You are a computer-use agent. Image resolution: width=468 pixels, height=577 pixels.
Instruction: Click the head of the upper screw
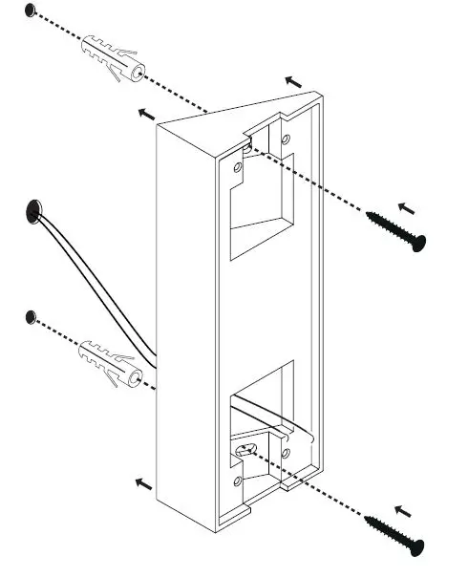point(416,242)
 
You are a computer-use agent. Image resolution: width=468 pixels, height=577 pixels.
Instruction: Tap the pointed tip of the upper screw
point(369,215)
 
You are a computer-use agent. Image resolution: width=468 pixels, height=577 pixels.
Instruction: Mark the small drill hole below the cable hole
point(32,315)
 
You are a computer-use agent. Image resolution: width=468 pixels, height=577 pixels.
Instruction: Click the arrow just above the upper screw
point(406,206)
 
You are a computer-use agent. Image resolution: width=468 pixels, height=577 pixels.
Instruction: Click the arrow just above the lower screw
point(405,510)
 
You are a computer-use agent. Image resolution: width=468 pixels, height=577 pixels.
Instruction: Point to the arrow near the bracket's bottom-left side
point(143,483)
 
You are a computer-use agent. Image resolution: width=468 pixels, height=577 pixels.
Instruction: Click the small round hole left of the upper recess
point(238,171)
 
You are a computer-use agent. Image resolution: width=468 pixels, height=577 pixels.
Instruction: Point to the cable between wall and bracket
point(96,287)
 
